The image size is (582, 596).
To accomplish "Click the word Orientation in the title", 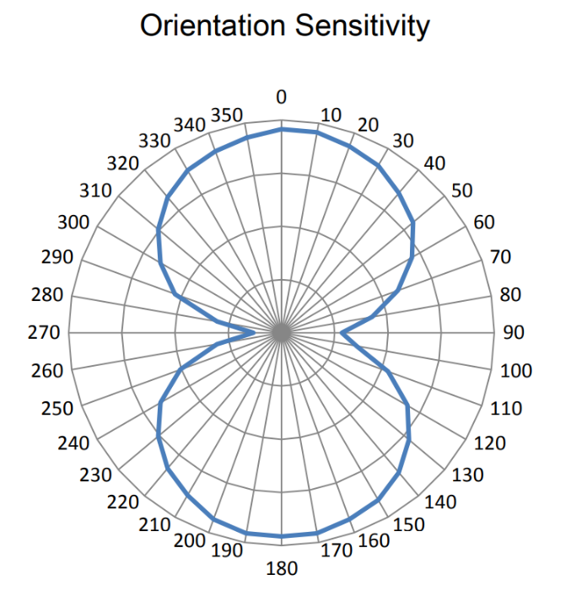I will pos(208,26).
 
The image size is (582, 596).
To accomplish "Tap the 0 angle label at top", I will pos(282,97).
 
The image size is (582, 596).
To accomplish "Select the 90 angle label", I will pos(514,333).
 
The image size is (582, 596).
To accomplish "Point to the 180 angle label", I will pos(282,569).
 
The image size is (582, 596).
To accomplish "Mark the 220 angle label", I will pos(124,502).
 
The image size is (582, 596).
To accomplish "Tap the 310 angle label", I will pos(95,191).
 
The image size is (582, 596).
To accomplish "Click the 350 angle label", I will pos(227,116).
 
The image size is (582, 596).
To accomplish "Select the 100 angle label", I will pos(516,371).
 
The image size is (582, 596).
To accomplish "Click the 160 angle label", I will pos(374,540).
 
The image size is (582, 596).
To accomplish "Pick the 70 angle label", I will pos(500,257).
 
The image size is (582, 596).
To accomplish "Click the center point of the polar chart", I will pos(282,333).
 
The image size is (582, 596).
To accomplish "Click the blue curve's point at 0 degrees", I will pos(282,129).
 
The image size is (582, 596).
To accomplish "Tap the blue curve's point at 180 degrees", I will pos(282,537).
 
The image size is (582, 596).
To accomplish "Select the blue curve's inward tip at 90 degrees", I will pos(341,333).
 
